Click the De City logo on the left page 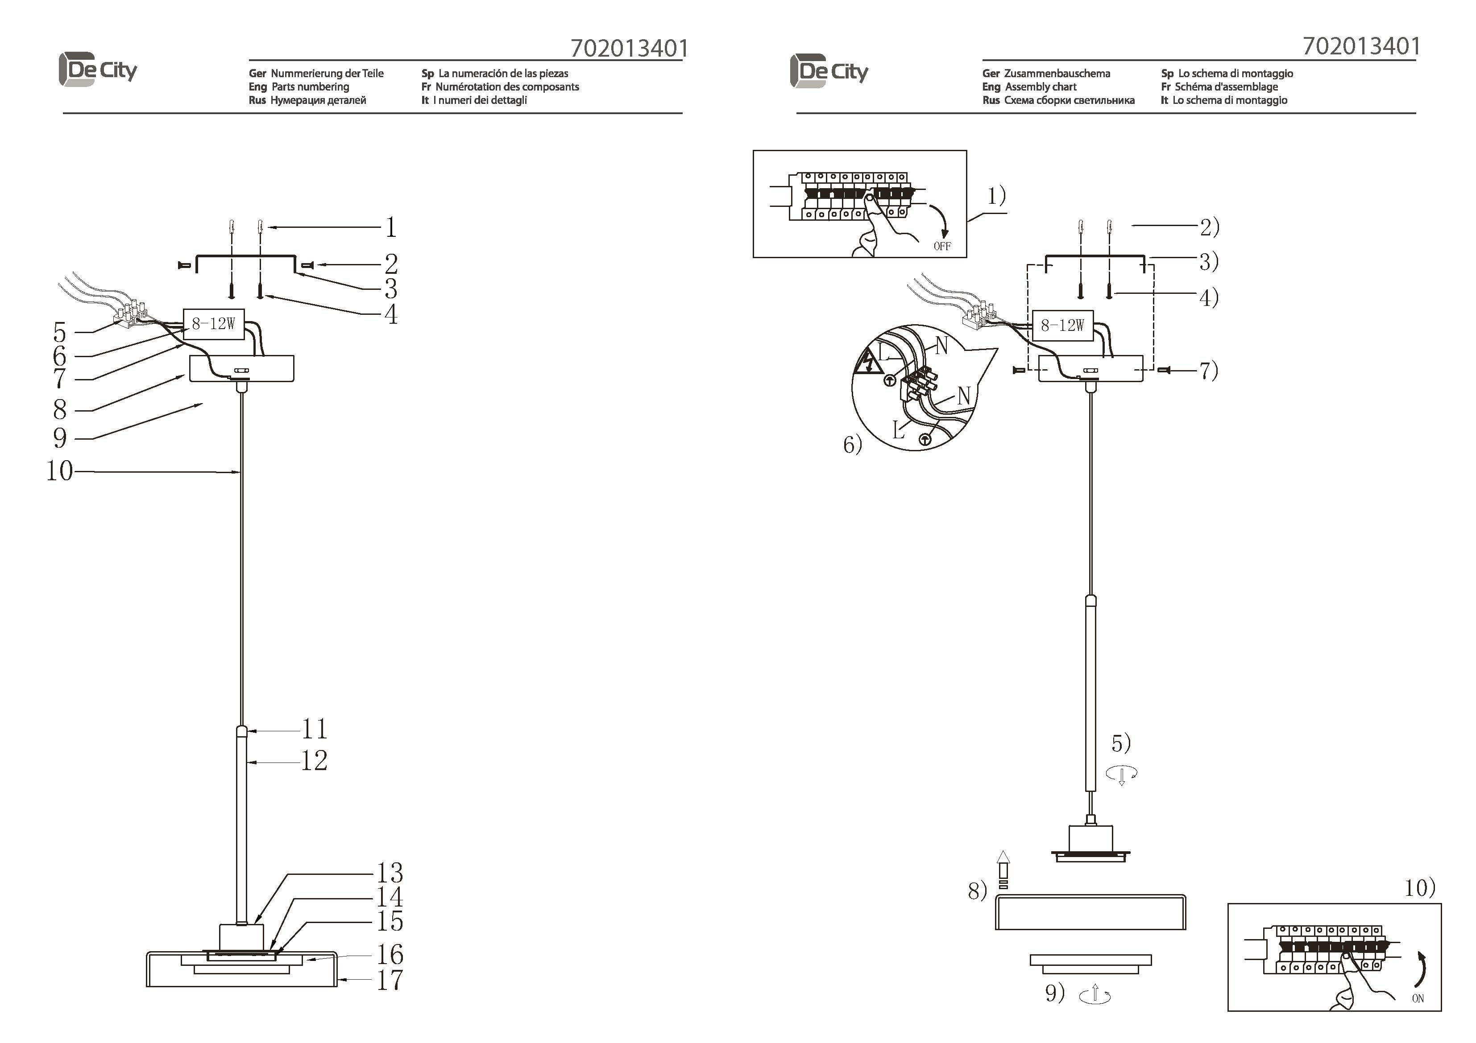(98, 70)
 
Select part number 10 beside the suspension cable (59, 470)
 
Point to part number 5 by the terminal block (60, 332)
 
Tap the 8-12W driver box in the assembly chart (1063, 326)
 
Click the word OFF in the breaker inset (942, 246)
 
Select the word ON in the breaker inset (1418, 998)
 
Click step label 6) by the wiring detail (852, 444)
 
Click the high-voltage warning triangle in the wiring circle (868, 362)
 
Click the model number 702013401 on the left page (630, 48)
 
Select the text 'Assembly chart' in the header (1041, 87)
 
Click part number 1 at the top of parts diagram (391, 227)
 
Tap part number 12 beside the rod (315, 761)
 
